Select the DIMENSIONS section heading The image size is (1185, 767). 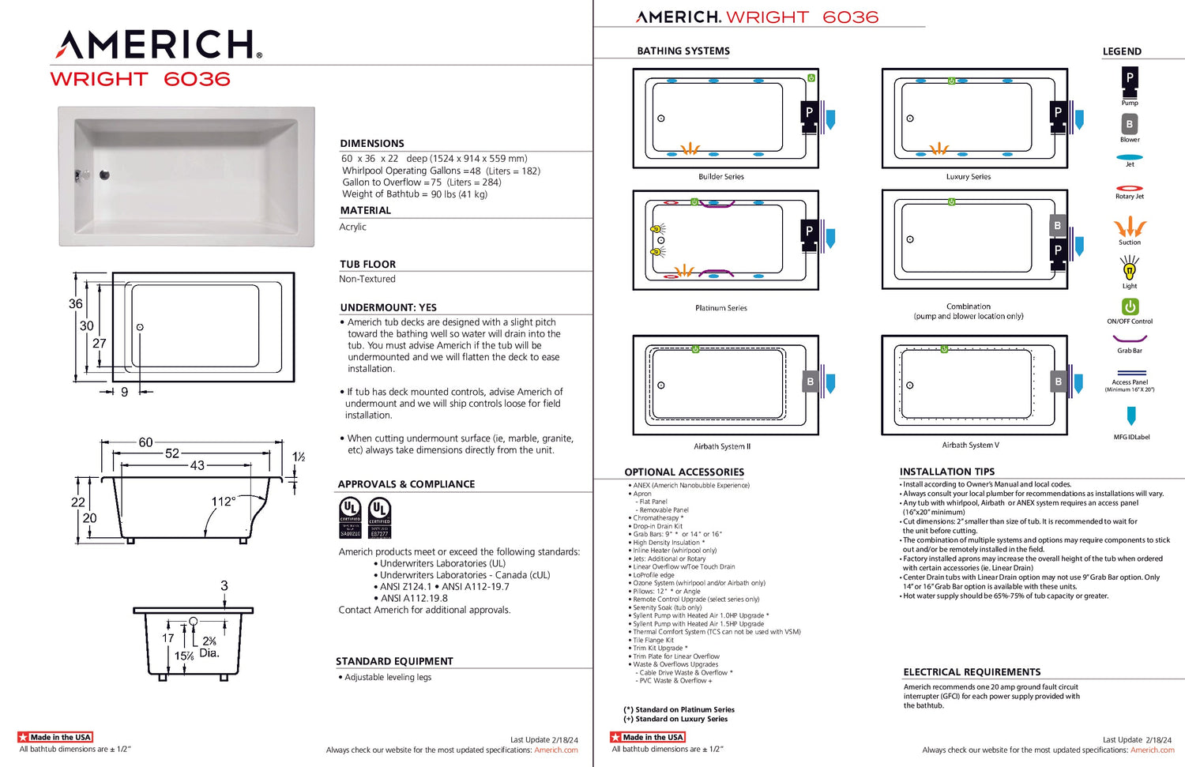pos(371,143)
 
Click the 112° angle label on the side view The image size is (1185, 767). pos(223,502)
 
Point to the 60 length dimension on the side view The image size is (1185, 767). pos(145,442)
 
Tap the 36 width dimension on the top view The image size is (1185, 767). pos(75,303)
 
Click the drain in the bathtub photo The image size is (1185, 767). pos(104,175)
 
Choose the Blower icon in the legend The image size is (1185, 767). pos(1130,124)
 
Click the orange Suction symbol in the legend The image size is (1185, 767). pos(1130,227)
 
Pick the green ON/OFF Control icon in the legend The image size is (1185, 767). pos(1130,306)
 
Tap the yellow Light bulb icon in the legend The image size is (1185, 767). pos(1130,269)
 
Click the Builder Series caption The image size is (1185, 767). pos(720,177)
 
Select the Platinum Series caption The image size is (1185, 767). pos(720,308)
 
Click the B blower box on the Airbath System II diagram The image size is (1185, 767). pos(810,382)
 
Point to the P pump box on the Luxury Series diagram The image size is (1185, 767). pos(1058,113)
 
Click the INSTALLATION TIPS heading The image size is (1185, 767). pos(946,472)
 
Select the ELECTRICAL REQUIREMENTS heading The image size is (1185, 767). pos(972,672)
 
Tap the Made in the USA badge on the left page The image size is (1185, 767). pos(55,737)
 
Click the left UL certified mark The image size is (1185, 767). pos(350,517)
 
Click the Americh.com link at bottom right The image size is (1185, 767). pos(1152,750)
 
